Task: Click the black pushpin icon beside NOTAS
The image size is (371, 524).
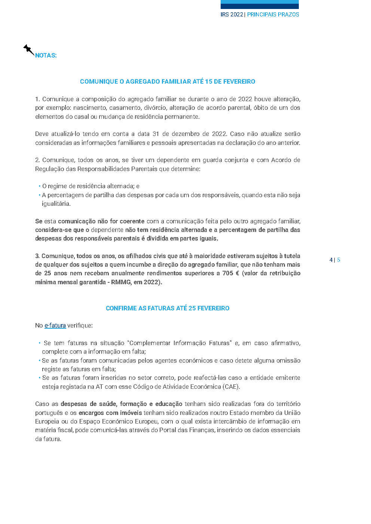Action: [28, 49]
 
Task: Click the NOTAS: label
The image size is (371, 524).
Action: [46, 55]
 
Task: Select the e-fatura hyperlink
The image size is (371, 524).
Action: [55, 325]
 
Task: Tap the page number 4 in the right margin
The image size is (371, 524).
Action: [331, 260]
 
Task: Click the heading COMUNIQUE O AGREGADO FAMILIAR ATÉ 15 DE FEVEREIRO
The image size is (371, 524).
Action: [168, 81]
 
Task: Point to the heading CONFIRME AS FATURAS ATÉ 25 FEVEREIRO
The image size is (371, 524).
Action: [168, 308]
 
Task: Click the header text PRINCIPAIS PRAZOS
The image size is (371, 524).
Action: [273, 15]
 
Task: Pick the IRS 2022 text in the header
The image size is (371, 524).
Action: [232, 15]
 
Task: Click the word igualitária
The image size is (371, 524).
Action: [56, 204]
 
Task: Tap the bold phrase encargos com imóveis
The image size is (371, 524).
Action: [110, 413]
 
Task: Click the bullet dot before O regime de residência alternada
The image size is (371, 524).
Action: [39, 186]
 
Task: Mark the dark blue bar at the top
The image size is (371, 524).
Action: [260, 6]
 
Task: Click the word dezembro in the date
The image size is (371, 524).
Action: [186, 134]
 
